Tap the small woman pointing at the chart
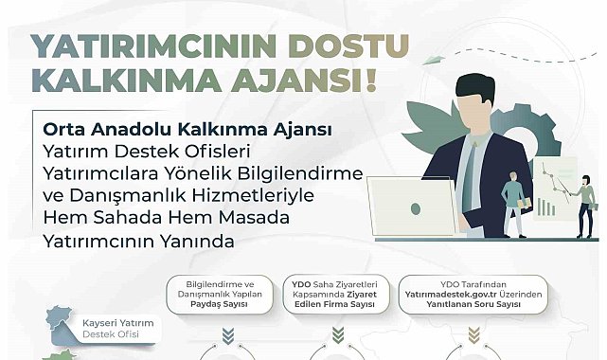[x=585, y=199]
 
